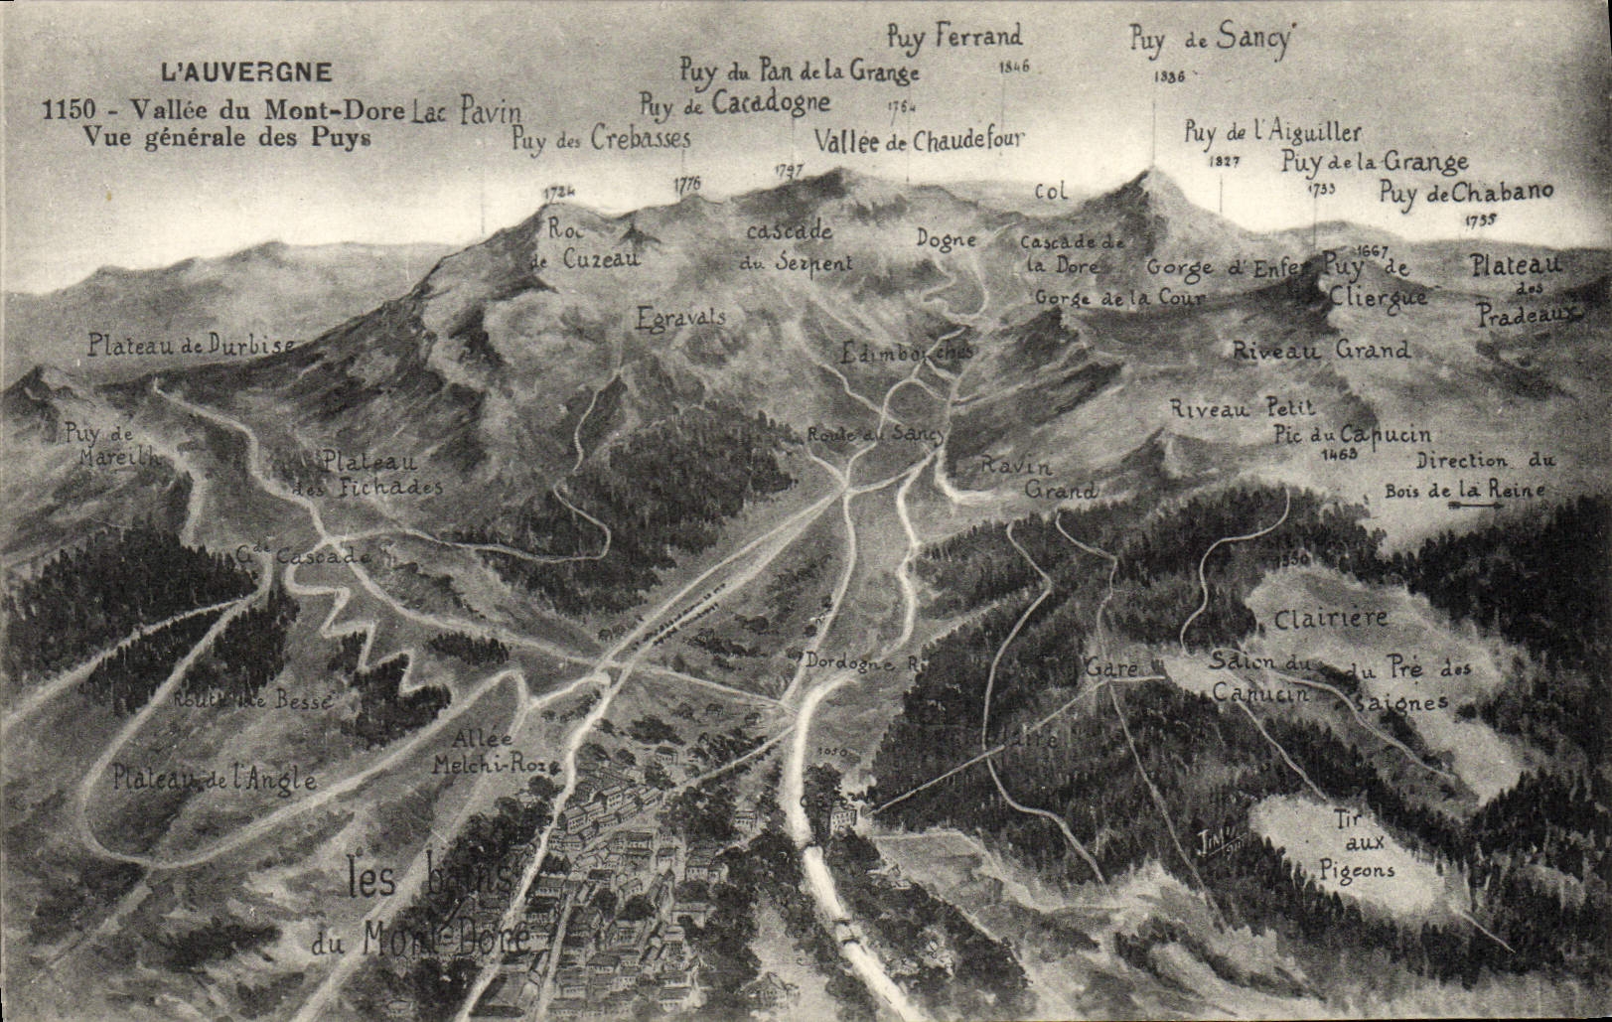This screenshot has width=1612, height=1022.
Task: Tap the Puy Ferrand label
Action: click(x=953, y=37)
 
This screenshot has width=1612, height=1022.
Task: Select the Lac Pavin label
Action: click(x=466, y=111)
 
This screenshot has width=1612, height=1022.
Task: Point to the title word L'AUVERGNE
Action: click(x=246, y=72)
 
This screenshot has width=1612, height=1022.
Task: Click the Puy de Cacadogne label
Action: click(x=735, y=102)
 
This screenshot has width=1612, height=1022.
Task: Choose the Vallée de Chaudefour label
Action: click(x=919, y=140)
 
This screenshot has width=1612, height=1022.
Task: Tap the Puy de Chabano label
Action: click(x=1466, y=193)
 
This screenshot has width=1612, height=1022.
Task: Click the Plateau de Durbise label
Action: click(x=191, y=346)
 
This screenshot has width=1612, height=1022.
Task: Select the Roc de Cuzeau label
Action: click(x=584, y=244)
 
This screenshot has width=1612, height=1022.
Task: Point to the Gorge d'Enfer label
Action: click(x=1230, y=266)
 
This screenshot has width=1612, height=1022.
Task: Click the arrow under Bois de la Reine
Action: click(x=1477, y=507)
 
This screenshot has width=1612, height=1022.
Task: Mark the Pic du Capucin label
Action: click(x=1353, y=434)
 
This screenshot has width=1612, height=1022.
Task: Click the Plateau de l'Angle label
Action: click(x=215, y=778)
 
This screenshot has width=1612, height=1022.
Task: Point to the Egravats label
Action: click(x=680, y=318)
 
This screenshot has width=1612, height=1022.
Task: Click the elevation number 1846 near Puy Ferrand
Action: click(x=1015, y=67)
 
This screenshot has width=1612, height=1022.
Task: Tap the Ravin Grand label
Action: click(x=1039, y=478)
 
